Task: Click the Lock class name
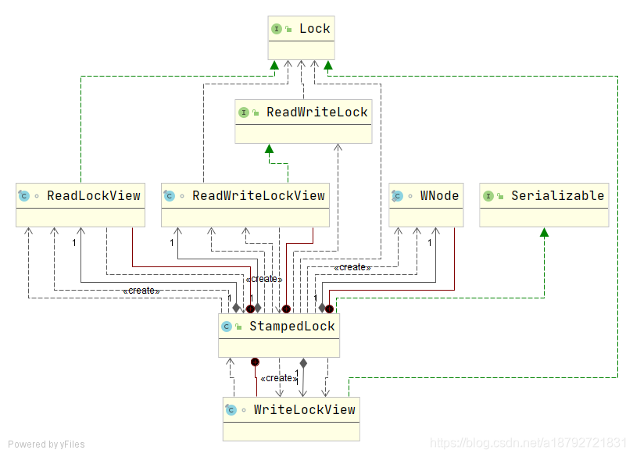pos(314,29)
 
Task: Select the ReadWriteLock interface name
pos(317,112)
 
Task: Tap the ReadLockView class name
pos(94,196)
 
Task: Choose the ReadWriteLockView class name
pos(259,196)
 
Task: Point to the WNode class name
pos(439,196)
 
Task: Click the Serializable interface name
pos(557,196)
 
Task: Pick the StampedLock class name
pos(291,327)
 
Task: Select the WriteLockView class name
pos(305,410)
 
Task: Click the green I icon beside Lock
pos(277,29)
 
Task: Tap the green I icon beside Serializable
pos(488,196)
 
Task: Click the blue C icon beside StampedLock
pos(227,327)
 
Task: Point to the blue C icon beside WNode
pos(397,196)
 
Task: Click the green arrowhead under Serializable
pos(544,232)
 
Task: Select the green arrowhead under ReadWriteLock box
pos(270,149)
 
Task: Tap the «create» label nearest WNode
pos(352,267)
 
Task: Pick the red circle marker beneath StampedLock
pos(255,362)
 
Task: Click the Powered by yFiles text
pos(46,445)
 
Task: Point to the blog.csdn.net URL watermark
pos(528,443)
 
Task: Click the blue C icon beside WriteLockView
pos(231,410)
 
